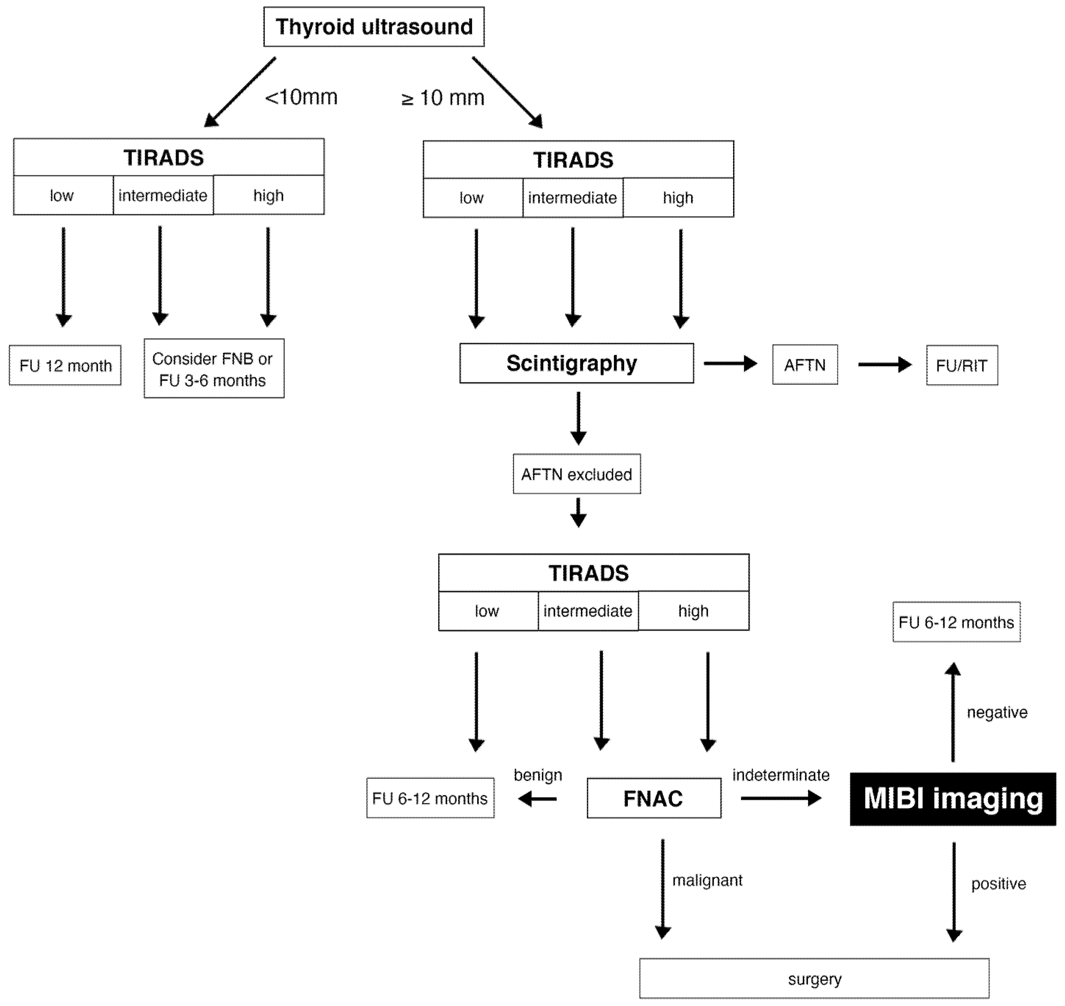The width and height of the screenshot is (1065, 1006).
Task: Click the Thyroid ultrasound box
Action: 374,27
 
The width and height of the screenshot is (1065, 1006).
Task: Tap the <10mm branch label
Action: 301,97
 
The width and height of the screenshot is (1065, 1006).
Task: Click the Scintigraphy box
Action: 576,363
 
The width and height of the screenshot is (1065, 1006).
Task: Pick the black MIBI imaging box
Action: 953,799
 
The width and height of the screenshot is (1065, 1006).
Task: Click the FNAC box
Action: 653,799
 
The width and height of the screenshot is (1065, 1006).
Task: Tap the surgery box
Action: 814,979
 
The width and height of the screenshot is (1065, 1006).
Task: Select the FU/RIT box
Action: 962,365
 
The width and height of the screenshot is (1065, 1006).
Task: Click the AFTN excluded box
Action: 576,474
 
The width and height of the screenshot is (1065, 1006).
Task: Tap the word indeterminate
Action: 781,775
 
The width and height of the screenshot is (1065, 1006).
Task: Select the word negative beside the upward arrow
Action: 997,712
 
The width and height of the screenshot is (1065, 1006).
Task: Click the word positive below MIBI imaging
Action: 998,884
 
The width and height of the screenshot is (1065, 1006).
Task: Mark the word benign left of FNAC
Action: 538,775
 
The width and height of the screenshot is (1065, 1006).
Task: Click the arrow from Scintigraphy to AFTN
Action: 729,364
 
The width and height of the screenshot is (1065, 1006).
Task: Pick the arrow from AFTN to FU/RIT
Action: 884,365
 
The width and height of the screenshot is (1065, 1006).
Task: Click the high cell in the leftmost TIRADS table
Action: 269,196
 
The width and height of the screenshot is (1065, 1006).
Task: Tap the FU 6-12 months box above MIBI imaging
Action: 956,622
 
